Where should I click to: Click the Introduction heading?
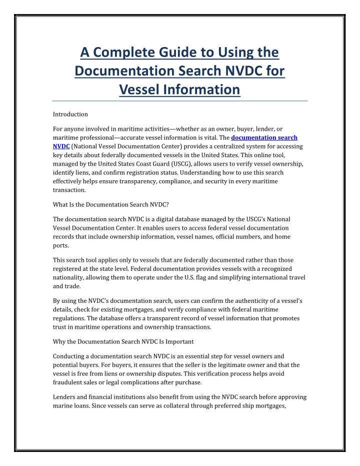coord(70,114)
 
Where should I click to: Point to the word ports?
coord(60,246)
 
